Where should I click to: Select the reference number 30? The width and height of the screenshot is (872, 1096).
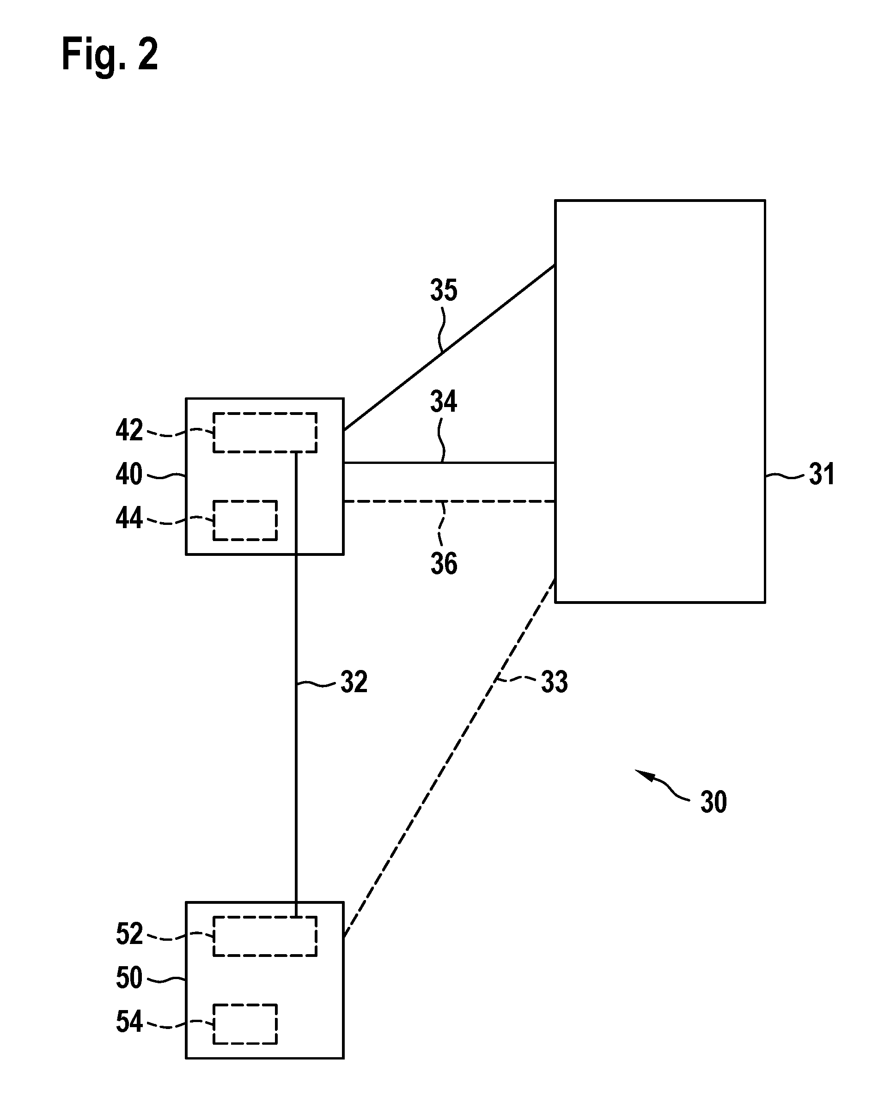tap(713, 802)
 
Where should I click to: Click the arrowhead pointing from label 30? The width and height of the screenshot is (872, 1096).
tap(642, 773)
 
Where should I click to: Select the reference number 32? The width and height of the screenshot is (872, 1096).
tap(354, 682)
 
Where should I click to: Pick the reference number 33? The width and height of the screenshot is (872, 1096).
tap(554, 682)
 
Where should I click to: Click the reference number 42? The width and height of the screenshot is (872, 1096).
tap(129, 430)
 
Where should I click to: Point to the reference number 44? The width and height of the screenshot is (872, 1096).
tap(129, 518)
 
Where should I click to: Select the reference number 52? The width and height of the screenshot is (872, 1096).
tap(129, 934)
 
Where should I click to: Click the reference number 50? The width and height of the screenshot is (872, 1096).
tap(129, 978)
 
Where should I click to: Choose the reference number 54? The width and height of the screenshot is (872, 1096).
tap(129, 1022)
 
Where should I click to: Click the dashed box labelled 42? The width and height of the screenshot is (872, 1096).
tap(265, 413)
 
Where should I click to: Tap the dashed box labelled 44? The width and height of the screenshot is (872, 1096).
tap(245, 501)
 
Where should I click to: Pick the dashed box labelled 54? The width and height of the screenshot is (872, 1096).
tap(245, 1005)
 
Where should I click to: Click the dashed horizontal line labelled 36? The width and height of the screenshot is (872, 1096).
tap(449, 501)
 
